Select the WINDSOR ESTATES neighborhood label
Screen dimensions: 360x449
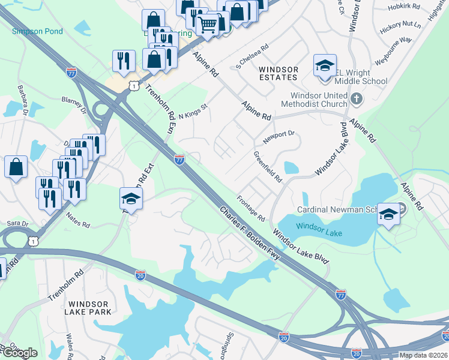pos(279,73)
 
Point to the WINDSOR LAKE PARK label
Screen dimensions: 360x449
pos(89,308)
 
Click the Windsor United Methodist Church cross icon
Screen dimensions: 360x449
pos(356,98)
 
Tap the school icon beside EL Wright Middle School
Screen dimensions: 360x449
pos(324,65)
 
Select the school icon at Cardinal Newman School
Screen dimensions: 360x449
pos(388,214)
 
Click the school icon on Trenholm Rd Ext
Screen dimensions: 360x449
pos(130,198)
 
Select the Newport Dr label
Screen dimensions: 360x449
pos(279,137)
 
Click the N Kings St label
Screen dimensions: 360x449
pos(192,110)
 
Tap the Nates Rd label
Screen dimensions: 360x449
pos(77,220)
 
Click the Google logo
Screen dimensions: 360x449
pos(19,353)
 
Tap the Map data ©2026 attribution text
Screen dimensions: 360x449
pos(423,355)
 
